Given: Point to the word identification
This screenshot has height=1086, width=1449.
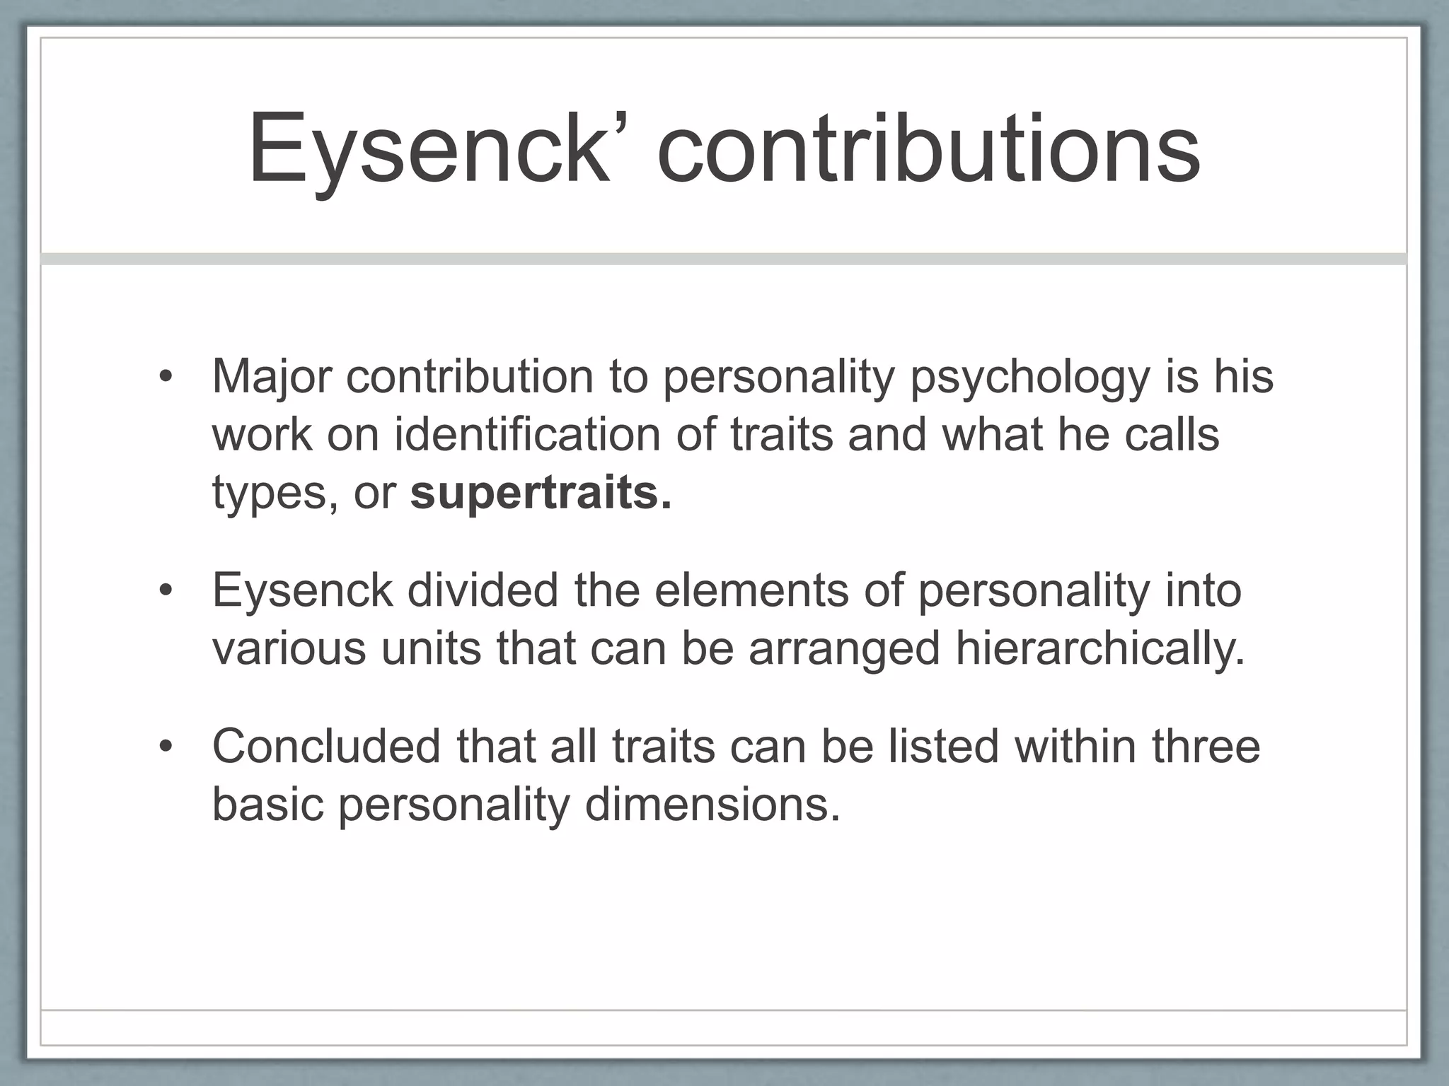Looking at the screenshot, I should click(528, 433).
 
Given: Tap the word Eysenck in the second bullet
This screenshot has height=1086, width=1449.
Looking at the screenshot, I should click(302, 591).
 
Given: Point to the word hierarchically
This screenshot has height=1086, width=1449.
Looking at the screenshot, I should click(1099, 648).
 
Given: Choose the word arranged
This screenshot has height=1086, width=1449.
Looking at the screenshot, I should click(844, 649).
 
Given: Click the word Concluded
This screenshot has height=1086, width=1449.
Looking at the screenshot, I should click(326, 746).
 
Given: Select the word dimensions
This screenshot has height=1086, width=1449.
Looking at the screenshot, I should click(712, 804).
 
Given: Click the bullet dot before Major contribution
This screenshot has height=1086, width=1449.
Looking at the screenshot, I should click(166, 377).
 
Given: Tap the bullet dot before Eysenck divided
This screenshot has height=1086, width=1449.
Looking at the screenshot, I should click(166, 590).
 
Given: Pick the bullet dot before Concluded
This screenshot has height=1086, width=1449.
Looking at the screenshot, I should click(166, 747).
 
